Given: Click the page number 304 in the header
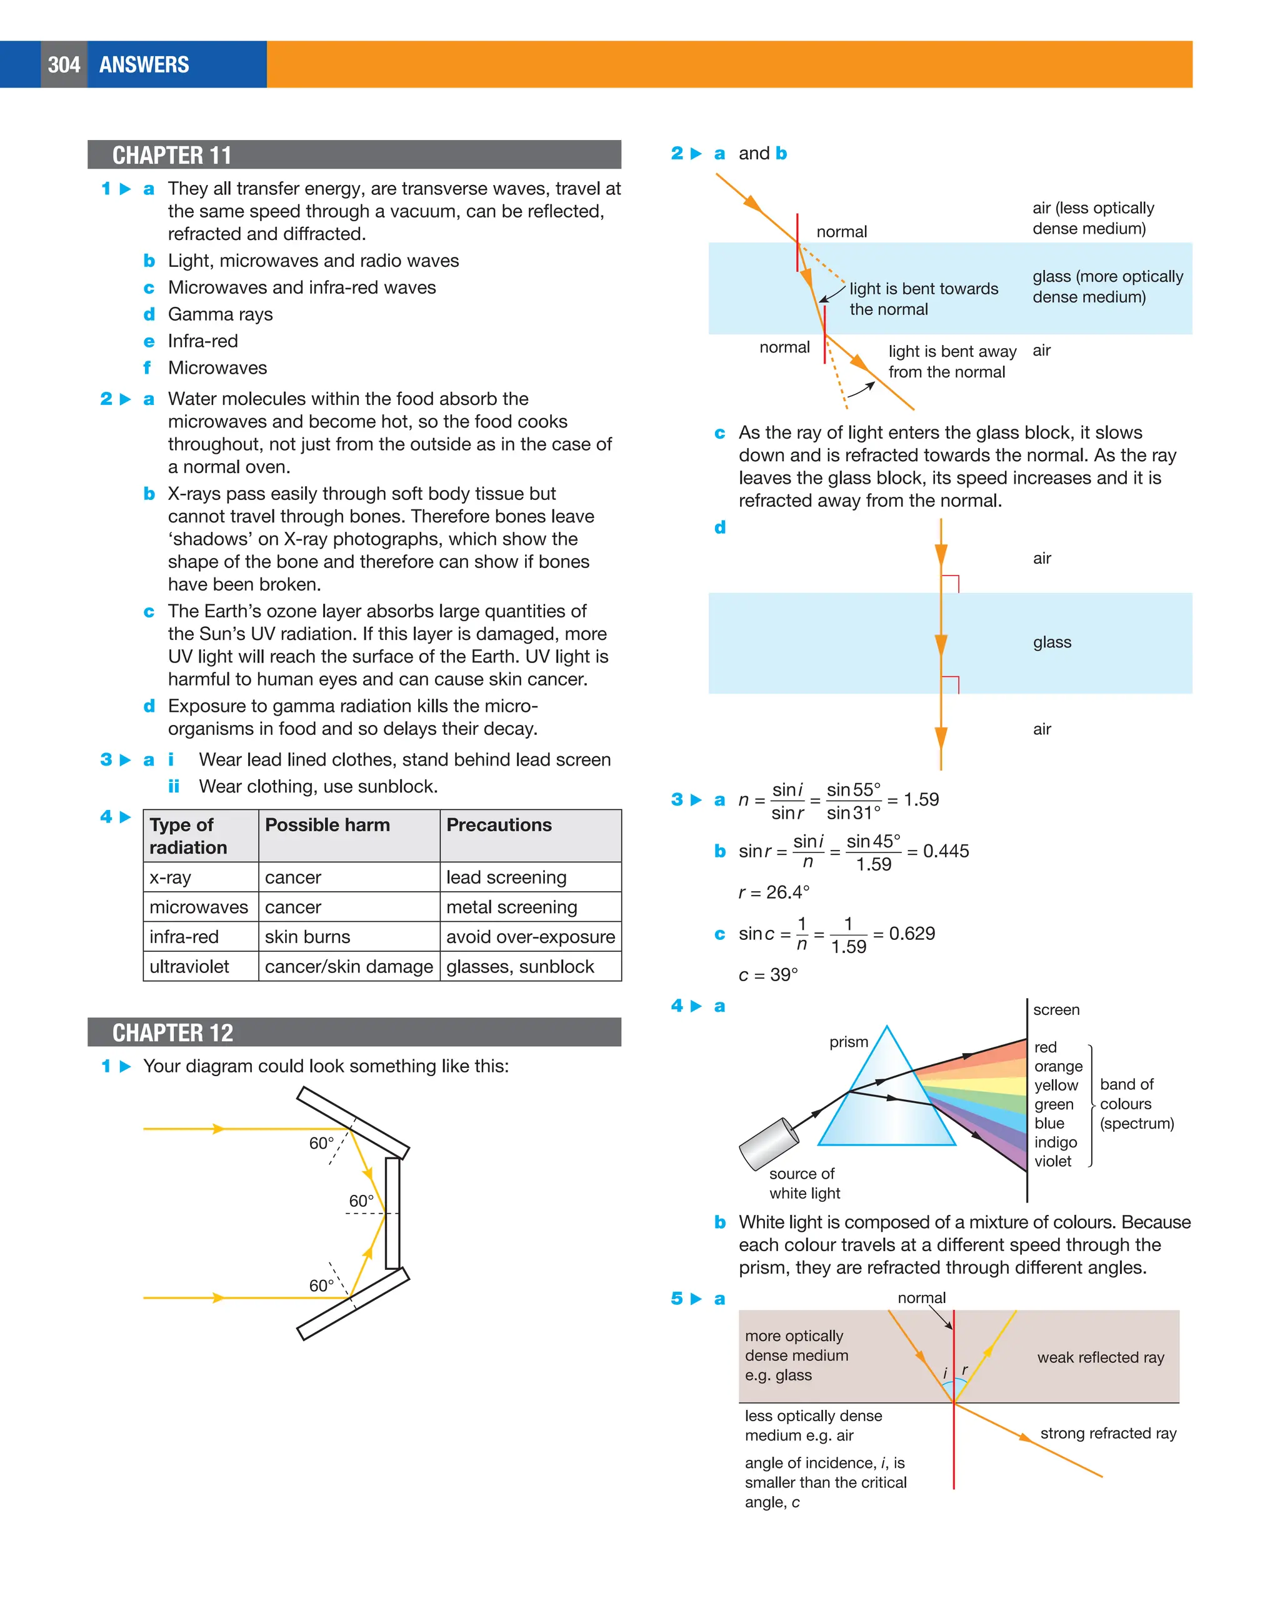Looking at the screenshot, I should pos(64,65).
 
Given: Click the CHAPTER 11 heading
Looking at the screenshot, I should pos(172,156).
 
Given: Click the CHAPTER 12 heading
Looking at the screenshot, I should pos(172,1032).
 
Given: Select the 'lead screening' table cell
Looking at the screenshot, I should pos(506,877).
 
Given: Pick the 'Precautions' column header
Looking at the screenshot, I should pos(499,824).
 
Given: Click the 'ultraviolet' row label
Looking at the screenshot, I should pos(189,967).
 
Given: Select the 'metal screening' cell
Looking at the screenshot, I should pos(512,907).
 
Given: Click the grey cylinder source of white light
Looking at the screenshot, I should pos(768,1144).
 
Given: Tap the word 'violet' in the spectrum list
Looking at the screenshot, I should pos(1052,1161).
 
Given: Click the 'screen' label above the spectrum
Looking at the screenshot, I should pos(1056,1009).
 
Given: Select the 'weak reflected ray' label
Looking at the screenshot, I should pos(1100,1357).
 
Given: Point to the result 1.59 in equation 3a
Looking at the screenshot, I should pos(920,800).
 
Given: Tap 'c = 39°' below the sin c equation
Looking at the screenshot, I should pos(767,975).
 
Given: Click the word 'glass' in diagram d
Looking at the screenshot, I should pos(1051,642).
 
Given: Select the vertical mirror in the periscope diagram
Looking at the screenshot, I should pos(392,1213).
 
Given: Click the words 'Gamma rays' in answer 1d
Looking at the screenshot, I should pos(220,314).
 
